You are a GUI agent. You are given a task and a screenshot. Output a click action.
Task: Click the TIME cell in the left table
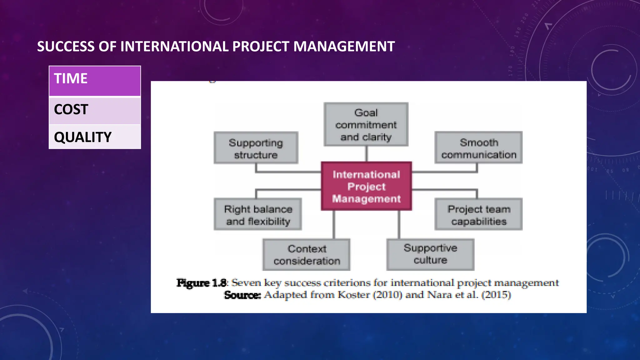point(95,81)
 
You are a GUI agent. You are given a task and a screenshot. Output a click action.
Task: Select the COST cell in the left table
point(95,110)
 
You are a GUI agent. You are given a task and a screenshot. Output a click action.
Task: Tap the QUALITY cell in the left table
point(95,137)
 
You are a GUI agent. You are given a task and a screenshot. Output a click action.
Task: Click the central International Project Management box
point(366,186)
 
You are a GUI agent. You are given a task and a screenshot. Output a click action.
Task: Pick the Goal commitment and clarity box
point(366,124)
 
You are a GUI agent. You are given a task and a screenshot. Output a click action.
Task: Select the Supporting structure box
point(256,148)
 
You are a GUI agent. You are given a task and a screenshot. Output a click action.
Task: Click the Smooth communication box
point(478,148)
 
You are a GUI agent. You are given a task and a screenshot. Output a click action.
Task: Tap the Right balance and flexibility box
point(258,214)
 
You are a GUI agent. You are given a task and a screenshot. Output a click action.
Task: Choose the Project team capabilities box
point(478,214)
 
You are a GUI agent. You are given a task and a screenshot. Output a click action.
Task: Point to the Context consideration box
point(307,255)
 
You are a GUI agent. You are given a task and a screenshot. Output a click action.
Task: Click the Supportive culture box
point(430,254)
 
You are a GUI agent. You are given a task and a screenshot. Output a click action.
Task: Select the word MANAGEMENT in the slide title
point(344,47)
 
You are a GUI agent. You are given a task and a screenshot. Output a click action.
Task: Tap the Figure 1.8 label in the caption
point(202,283)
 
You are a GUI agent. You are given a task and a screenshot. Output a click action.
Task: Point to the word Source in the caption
point(242,295)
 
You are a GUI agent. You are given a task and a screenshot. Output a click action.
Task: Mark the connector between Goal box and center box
point(366,154)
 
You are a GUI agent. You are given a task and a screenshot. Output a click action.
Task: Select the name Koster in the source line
point(354,295)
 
